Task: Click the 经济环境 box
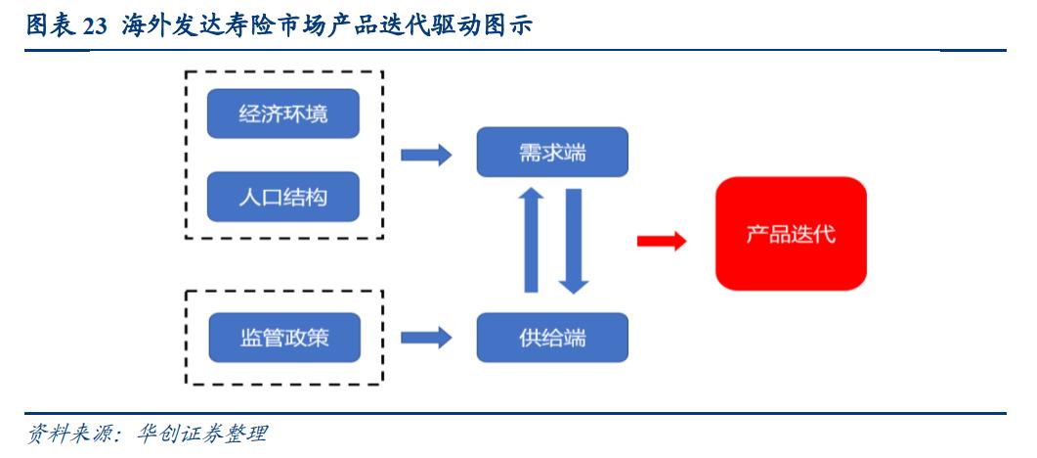[283, 114]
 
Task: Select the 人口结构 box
[283, 198]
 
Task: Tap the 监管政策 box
[283, 338]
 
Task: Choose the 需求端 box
[552, 154]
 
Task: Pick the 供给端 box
[552, 338]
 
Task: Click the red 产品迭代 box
[791, 234]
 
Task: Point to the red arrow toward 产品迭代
[662, 241]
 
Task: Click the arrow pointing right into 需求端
[426, 154]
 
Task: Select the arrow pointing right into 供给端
[426, 338]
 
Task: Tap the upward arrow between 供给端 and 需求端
[532, 241]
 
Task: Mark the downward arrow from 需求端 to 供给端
[575, 241]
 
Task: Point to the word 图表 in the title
[48, 26]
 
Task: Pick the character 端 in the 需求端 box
[575, 154]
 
